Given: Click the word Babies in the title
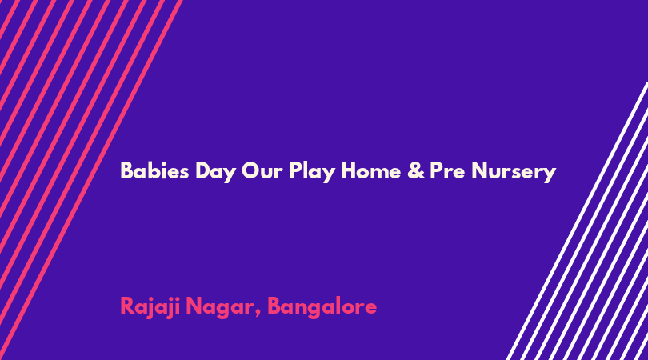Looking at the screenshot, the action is coord(154,170).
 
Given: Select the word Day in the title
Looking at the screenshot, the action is coord(215,172).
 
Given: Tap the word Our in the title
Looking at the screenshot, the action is coord(262,171).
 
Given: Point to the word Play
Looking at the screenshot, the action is coord(312,172).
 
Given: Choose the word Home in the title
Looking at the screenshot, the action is coord(370,170).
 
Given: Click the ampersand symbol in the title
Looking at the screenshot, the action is coord(416,170).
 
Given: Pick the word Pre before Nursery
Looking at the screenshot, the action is coord(447,170).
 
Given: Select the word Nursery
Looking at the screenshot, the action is coord(514,172).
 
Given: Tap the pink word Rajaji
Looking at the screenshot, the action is coord(150,307).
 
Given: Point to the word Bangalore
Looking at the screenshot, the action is coord(322,307).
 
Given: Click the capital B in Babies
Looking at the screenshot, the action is coord(126,170).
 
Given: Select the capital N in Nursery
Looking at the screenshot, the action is coord(479,170).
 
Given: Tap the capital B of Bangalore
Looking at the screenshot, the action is coord(274,306).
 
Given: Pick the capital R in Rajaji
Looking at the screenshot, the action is coord(127,306).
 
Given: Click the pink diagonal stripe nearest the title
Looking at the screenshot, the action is coord(91,180).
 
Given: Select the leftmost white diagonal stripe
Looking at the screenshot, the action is coord(577,221).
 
